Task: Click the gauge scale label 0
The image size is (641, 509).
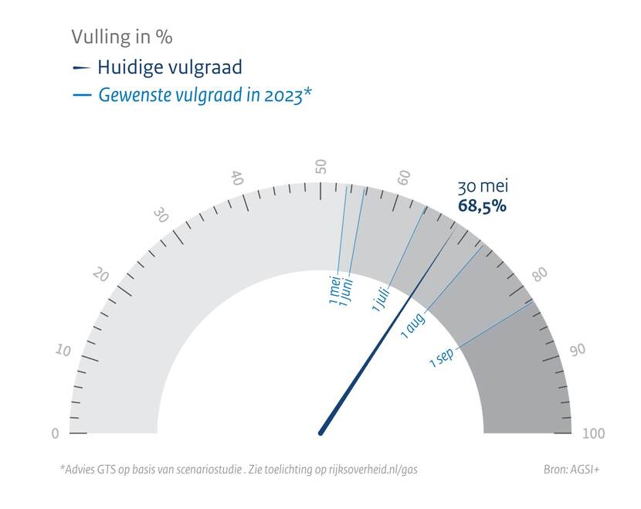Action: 55,433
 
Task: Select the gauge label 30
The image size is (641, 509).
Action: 161,215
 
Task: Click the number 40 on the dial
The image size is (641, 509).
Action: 238,178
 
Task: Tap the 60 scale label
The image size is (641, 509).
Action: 404,178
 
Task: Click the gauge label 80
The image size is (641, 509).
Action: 539,274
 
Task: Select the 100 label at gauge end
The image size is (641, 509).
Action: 593,433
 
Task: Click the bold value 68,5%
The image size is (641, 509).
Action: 482,206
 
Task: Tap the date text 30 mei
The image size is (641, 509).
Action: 483,187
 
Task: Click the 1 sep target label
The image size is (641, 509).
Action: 442,358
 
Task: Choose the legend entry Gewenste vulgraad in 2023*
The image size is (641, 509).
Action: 205,96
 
